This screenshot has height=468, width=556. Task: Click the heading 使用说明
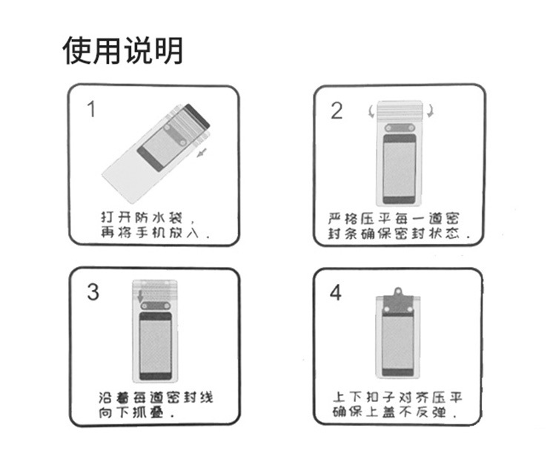click(122, 50)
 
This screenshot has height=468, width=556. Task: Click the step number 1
click(91, 109)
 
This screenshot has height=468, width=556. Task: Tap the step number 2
click(337, 111)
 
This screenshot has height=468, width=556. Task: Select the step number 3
click(93, 292)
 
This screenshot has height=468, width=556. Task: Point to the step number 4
click(335, 293)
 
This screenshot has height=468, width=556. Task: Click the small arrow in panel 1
click(202, 153)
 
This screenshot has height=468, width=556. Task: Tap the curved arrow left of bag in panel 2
click(371, 111)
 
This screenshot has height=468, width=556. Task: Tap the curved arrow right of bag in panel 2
click(430, 111)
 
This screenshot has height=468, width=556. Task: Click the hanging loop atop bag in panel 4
click(398, 291)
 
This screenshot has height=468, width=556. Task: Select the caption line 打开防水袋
click(142, 217)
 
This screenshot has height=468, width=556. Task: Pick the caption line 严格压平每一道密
click(394, 218)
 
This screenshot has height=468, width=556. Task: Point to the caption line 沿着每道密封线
click(156, 398)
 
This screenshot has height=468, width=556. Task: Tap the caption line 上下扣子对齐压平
click(398, 397)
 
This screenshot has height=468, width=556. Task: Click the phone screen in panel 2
click(400, 170)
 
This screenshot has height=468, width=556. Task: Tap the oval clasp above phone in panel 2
click(400, 128)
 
